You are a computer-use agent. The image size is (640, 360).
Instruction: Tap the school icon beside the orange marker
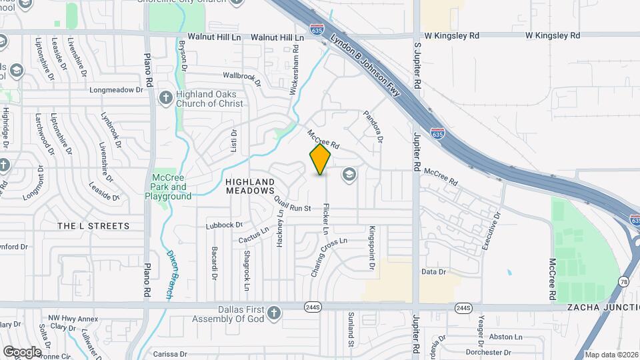pos(347,175)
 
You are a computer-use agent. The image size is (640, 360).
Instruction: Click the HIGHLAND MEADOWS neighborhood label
pos(250,186)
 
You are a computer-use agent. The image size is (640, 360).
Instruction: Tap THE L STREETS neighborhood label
pos(93,226)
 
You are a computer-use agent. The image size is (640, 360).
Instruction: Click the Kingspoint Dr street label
pos(371,247)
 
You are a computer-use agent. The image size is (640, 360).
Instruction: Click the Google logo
pos(22,351)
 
